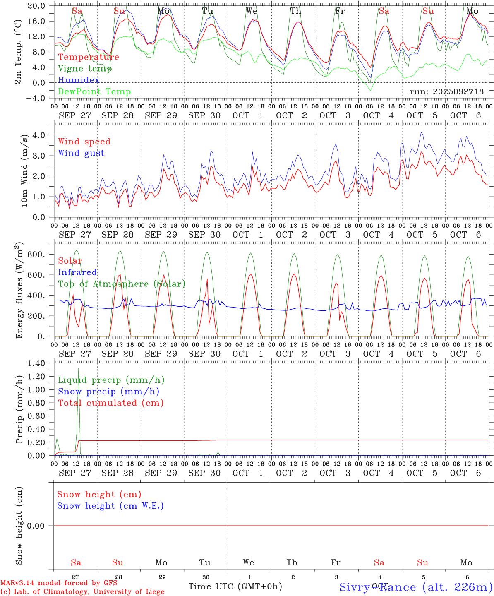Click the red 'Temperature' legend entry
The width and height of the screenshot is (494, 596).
click(89, 57)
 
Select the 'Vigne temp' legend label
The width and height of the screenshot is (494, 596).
click(85, 69)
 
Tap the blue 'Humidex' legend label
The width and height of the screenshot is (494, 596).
click(79, 80)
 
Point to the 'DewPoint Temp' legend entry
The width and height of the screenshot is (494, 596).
click(94, 92)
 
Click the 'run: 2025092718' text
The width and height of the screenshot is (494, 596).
click(446, 92)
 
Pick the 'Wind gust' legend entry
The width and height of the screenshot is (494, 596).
click(81, 153)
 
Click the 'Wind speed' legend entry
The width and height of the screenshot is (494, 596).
click(84, 142)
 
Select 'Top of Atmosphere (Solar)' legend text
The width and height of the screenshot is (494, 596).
click(122, 284)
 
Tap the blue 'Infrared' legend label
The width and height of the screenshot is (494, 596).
click(77, 272)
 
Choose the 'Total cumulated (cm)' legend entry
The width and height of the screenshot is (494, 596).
click(110, 403)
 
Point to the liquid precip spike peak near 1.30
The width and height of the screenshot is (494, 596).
click(79, 368)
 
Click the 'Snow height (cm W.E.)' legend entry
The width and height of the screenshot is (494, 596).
click(110, 506)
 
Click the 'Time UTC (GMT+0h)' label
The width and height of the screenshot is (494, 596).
click(235, 586)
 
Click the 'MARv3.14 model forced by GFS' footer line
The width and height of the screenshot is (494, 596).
click(59, 583)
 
